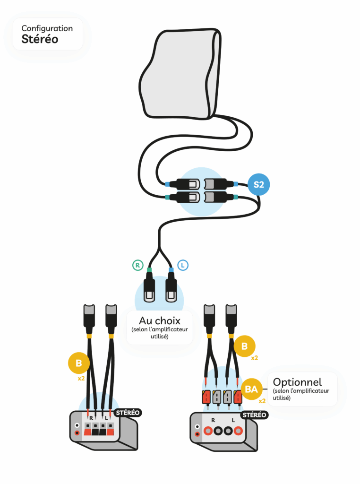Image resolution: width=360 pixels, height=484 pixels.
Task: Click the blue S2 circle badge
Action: [x=258, y=184]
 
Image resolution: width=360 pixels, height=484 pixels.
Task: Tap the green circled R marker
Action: [x=137, y=265]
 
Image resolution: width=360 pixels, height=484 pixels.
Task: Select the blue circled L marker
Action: [x=183, y=265]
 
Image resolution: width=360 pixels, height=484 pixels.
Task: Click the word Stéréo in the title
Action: [x=40, y=39]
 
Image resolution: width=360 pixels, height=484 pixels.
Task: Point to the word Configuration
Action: [x=47, y=28]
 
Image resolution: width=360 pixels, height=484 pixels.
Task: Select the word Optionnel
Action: [x=297, y=382]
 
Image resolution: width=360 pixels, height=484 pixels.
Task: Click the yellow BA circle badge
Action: [x=251, y=389]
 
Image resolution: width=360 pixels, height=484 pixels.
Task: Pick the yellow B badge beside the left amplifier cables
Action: [x=79, y=363]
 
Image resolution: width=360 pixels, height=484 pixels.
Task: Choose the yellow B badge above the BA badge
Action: [x=244, y=346]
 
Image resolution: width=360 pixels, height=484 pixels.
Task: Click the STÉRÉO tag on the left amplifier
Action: [x=128, y=413]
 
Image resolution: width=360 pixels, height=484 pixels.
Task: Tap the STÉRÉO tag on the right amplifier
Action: [x=255, y=415]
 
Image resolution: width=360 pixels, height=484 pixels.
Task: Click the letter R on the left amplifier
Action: [x=91, y=418]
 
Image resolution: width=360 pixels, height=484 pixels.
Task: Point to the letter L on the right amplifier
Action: [x=233, y=420]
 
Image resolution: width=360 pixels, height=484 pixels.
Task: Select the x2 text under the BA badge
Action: [x=262, y=401]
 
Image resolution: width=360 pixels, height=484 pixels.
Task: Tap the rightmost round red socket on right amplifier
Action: [x=239, y=431]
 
